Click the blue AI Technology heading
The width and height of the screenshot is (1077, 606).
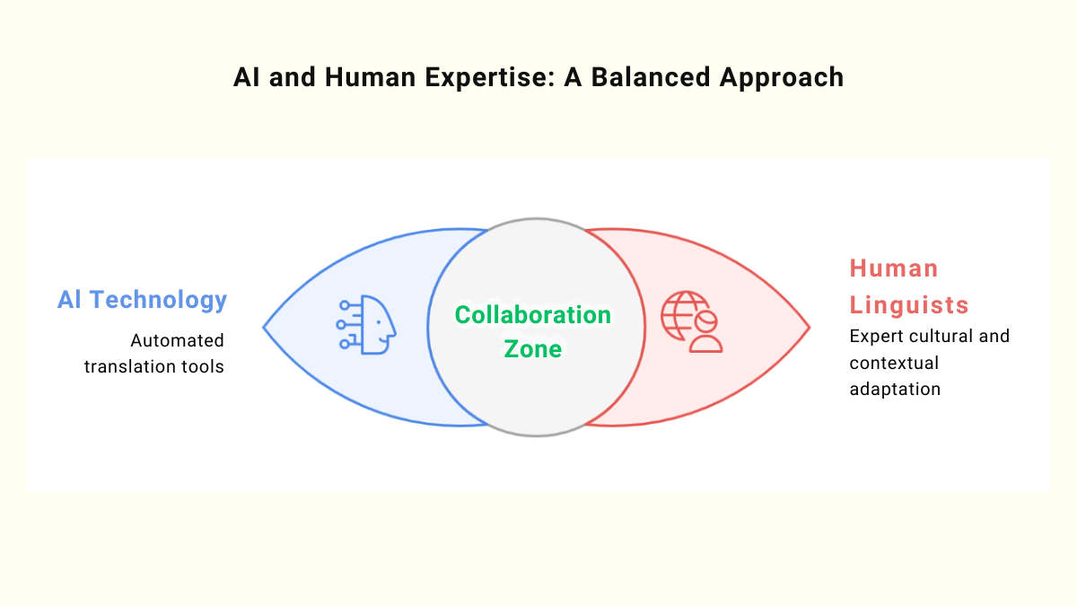[x=142, y=300]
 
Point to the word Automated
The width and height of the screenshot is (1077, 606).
[x=177, y=341]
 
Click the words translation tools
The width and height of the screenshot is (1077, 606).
[x=153, y=367]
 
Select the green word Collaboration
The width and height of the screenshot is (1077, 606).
[x=533, y=315]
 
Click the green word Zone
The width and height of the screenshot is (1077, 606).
[x=533, y=348]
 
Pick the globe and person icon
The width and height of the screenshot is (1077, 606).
[x=692, y=321]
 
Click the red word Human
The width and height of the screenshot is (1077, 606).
[x=894, y=268]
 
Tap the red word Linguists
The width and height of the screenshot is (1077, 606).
[x=909, y=304]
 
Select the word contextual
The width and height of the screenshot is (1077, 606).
[x=894, y=363]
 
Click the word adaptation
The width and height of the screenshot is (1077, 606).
[x=895, y=390]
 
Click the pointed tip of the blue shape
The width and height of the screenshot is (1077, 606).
[x=265, y=328]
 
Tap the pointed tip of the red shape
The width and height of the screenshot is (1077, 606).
[x=809, y=328]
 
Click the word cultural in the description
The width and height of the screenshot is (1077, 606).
[x=942, y=337]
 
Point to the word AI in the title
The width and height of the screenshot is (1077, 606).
[x=245, y=77]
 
